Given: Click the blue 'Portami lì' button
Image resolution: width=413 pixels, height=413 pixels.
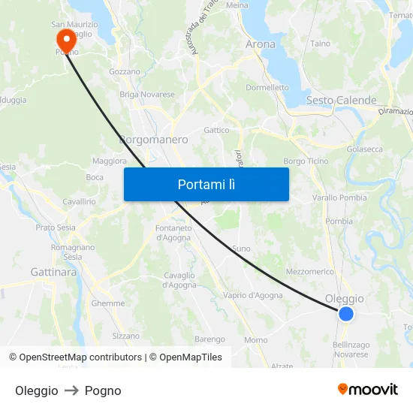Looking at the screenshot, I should coord(206,184).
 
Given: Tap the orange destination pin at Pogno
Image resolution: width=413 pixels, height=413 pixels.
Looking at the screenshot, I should coord(65,38).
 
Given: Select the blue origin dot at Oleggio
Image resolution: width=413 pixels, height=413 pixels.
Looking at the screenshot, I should coord(345,314).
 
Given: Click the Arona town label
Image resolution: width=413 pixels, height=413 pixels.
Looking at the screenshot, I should coord(261,44).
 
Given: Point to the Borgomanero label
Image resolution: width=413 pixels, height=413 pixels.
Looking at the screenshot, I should coord(153,140).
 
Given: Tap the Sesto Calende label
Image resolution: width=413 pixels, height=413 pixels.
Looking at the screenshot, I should coord(341,100).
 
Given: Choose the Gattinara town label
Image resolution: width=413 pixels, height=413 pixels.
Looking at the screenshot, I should coord(53,272).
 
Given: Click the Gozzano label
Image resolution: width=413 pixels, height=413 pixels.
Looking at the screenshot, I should coord(125,72).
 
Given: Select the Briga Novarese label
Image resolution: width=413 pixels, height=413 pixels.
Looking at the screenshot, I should coord(147,95).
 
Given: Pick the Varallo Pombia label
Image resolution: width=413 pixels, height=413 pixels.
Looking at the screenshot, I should coord(339,197).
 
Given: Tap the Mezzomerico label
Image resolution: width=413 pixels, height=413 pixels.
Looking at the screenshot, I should coord(309,271).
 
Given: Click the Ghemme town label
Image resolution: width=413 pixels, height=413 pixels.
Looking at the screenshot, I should coord(108,303).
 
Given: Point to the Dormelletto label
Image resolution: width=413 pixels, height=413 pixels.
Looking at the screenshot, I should coord(267,87).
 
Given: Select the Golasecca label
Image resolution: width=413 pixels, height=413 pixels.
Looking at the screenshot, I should coord(364,149).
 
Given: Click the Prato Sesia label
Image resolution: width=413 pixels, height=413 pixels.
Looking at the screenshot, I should coord(56,227).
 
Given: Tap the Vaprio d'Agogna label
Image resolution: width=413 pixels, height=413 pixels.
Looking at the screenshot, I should coord(253,295).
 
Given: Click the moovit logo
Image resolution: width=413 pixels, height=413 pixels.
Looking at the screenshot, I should coord(367,390).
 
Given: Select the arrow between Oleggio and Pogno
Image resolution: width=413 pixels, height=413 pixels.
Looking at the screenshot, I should coord(71,390).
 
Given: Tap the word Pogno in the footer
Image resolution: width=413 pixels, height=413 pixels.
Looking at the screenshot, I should coord(103,390).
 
